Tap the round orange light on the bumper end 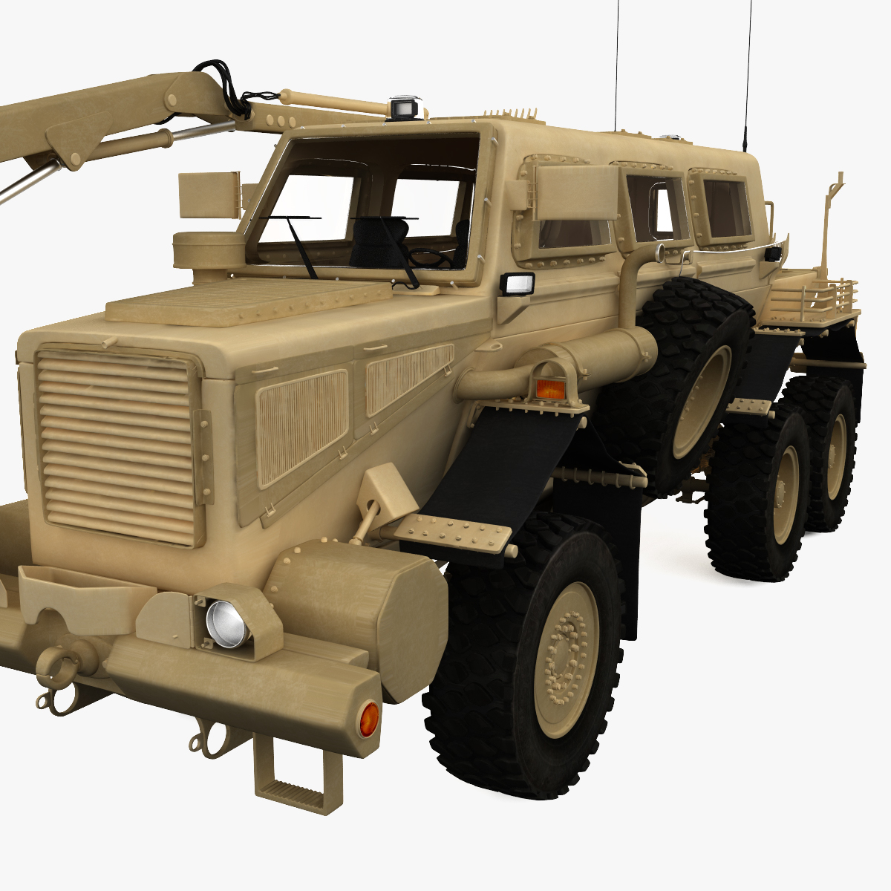(x=368, y=719)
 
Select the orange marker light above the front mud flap (x=550, y=388)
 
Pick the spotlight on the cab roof (x=405, y=107)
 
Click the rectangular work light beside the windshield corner (x=518, y=284)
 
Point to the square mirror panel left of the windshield (x=209, y=195)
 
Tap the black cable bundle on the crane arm (x=234, y=89)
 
